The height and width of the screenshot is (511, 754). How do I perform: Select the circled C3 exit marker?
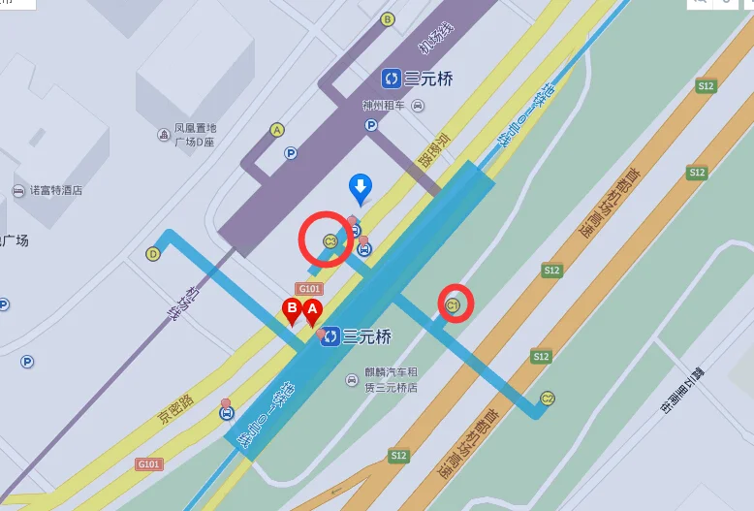(x=330, y=240)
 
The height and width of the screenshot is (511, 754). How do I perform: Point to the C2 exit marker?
(x=548, y=398)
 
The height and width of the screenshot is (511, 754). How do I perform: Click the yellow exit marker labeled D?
(x=152, y=254)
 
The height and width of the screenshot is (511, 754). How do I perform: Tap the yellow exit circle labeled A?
(x=277, y=129)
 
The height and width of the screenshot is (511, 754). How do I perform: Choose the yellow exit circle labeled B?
(x=388, y=18)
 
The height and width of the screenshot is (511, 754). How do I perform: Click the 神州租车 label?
(x=384, y=106)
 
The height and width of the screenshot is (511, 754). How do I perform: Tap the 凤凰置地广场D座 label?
(x=195, y=135)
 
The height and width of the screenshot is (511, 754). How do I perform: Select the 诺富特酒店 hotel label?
(x=55, y=190)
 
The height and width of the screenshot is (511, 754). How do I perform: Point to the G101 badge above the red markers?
(x=309, y=289)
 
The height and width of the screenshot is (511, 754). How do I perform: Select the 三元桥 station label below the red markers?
(x=366, y=336)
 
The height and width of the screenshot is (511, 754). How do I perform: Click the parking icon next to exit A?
(x=291, y=153)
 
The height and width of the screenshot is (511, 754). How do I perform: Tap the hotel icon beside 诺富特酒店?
(x=17, y=191)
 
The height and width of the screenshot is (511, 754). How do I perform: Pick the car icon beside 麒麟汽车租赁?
(x=351, y=379)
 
